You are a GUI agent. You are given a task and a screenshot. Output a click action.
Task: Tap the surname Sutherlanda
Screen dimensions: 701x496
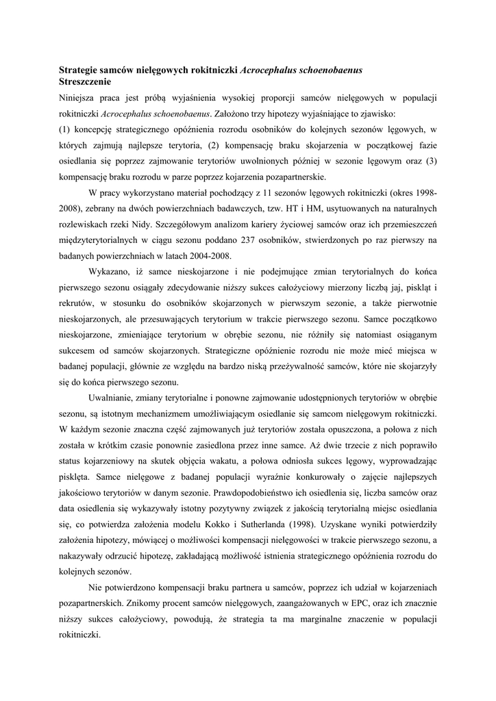pyautogui.click(x=326, y=524)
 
